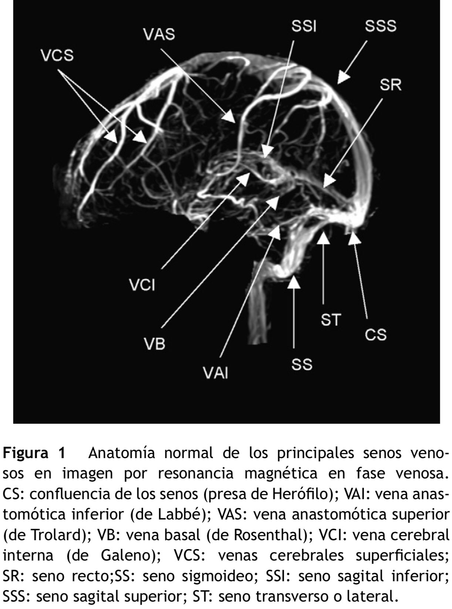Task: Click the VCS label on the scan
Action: tap(57, 56)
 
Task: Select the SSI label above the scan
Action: tap(304, 27)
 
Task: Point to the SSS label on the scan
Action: tap(381, 27)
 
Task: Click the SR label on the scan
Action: tap(391, 85)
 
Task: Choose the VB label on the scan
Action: tap(155, 345)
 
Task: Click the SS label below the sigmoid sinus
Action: tap(302, 365)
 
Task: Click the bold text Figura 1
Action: tap(34, 453)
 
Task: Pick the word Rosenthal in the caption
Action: tap(274, 535)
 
